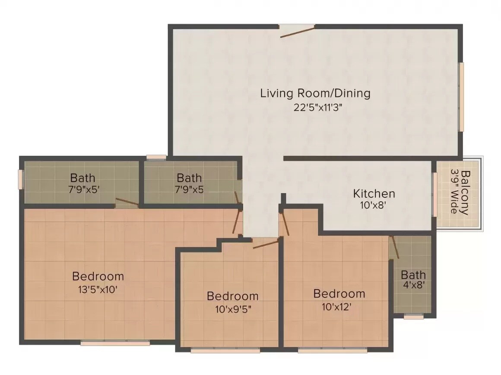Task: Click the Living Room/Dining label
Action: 315,93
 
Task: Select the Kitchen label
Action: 374,193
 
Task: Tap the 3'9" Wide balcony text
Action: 454,191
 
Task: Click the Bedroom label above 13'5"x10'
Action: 98,276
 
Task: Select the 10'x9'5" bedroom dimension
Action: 233,309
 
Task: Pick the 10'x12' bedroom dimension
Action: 339,306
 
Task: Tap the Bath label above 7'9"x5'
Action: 82,178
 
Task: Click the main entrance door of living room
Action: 297,30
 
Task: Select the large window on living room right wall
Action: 461,96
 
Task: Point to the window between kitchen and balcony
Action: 434,194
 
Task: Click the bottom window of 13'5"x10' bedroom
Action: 115,343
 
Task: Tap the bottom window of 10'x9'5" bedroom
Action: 225,350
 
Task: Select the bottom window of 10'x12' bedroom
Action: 333,350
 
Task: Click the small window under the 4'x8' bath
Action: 413,317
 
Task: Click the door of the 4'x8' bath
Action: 394,247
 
